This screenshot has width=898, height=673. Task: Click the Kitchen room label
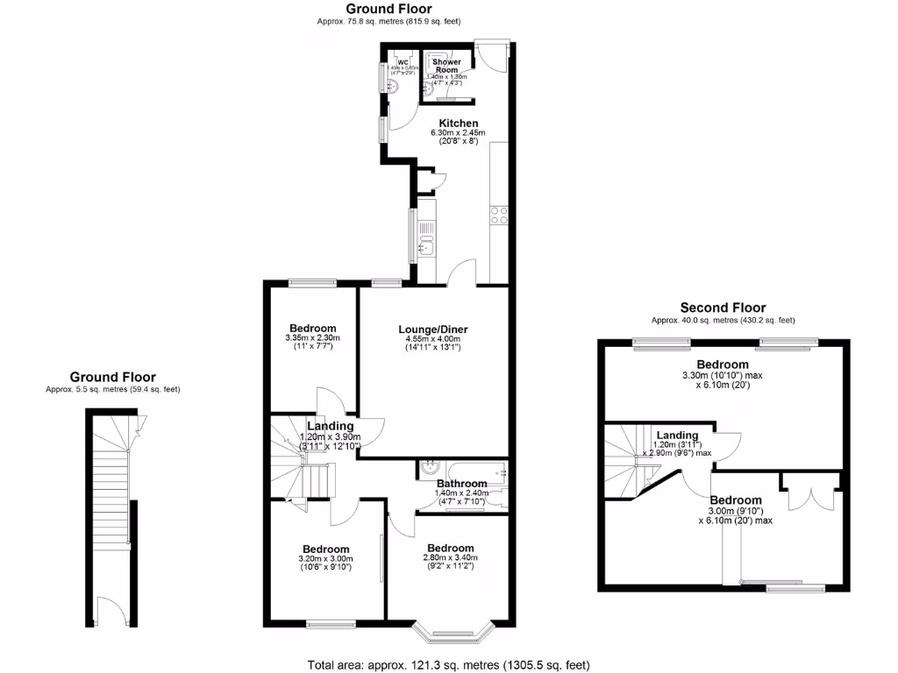point(459,123)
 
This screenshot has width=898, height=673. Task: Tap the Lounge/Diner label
point(433,329)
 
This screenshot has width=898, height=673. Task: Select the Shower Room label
point(446,66)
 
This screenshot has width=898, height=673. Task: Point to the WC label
point(403,62)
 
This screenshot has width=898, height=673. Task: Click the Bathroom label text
point(461,484)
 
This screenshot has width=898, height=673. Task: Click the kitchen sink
point(425,237)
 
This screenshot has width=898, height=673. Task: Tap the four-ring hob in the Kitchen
point(499,216)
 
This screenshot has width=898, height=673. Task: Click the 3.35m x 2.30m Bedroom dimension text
point(312,338)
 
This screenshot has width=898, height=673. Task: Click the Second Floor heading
point(723,308)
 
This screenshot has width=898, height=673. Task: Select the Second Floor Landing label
point(677,436)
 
